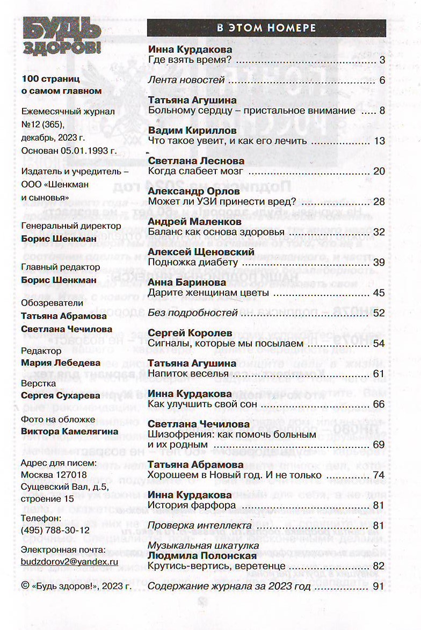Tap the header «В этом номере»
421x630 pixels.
[266, 28]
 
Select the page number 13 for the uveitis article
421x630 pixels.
[380, 141]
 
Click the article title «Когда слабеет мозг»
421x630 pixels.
[195, 171]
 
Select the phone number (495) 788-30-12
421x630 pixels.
[54, 529]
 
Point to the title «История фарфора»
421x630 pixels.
[192, 505]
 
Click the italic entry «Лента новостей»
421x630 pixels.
[186, 81]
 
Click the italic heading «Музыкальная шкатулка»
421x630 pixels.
[195, 546]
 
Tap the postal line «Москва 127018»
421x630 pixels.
[53, 474]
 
